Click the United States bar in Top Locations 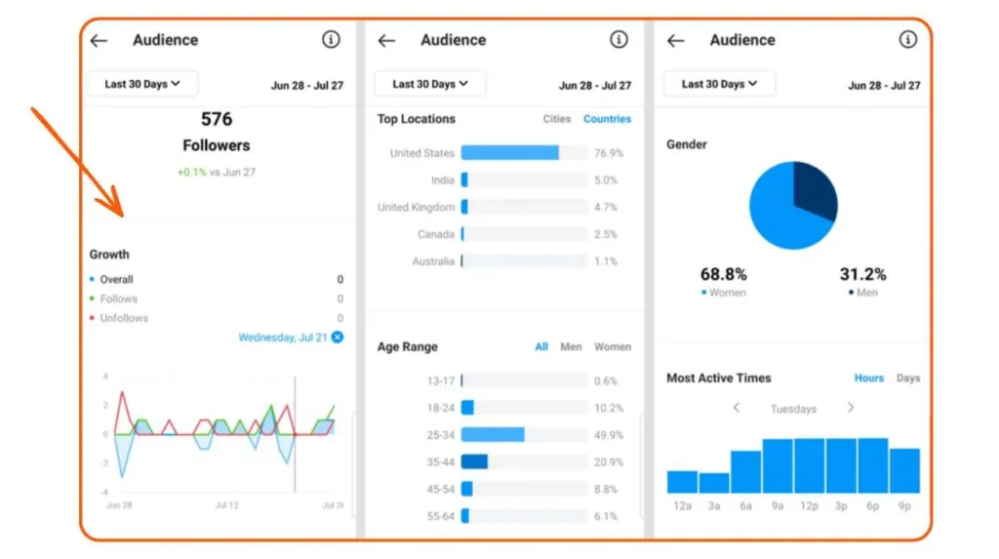pyautogui.click(x=509, y=153)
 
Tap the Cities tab pyautogui.click(x=557, y=119)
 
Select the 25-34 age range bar pyautogui.click(x=493, y=435)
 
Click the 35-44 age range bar pyautogui.click(x=474, y=461)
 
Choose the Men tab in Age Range pyautogui.click(x=571, y=347)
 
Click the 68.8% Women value pyautogui.click(x=723, y=275)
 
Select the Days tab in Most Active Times pyautogui.click(x=907, y=379)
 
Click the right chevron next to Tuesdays pyautogui.click(x=851, y=408)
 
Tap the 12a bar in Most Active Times pyautogui.click(x=682, y=482)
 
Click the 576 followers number pyautogui.click(x=217, y=119)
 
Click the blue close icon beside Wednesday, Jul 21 pyautogui.click(x=338, y=338)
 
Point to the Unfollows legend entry pyautogui.click(x=124, y=318)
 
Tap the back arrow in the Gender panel pyautogui.click(x=675, y=41)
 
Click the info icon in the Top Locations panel pyautogui.click(x=619, y=40)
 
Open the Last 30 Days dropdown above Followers pyautogui.click(x=142, y=84)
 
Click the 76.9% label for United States pyautogui.click(x=608, y=154)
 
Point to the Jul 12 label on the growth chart pyautogui.click(x=226, y=505)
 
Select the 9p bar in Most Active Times pyautogui.click(x=904, y=470)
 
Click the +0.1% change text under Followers pyautogui.click(x=193, y=173)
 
